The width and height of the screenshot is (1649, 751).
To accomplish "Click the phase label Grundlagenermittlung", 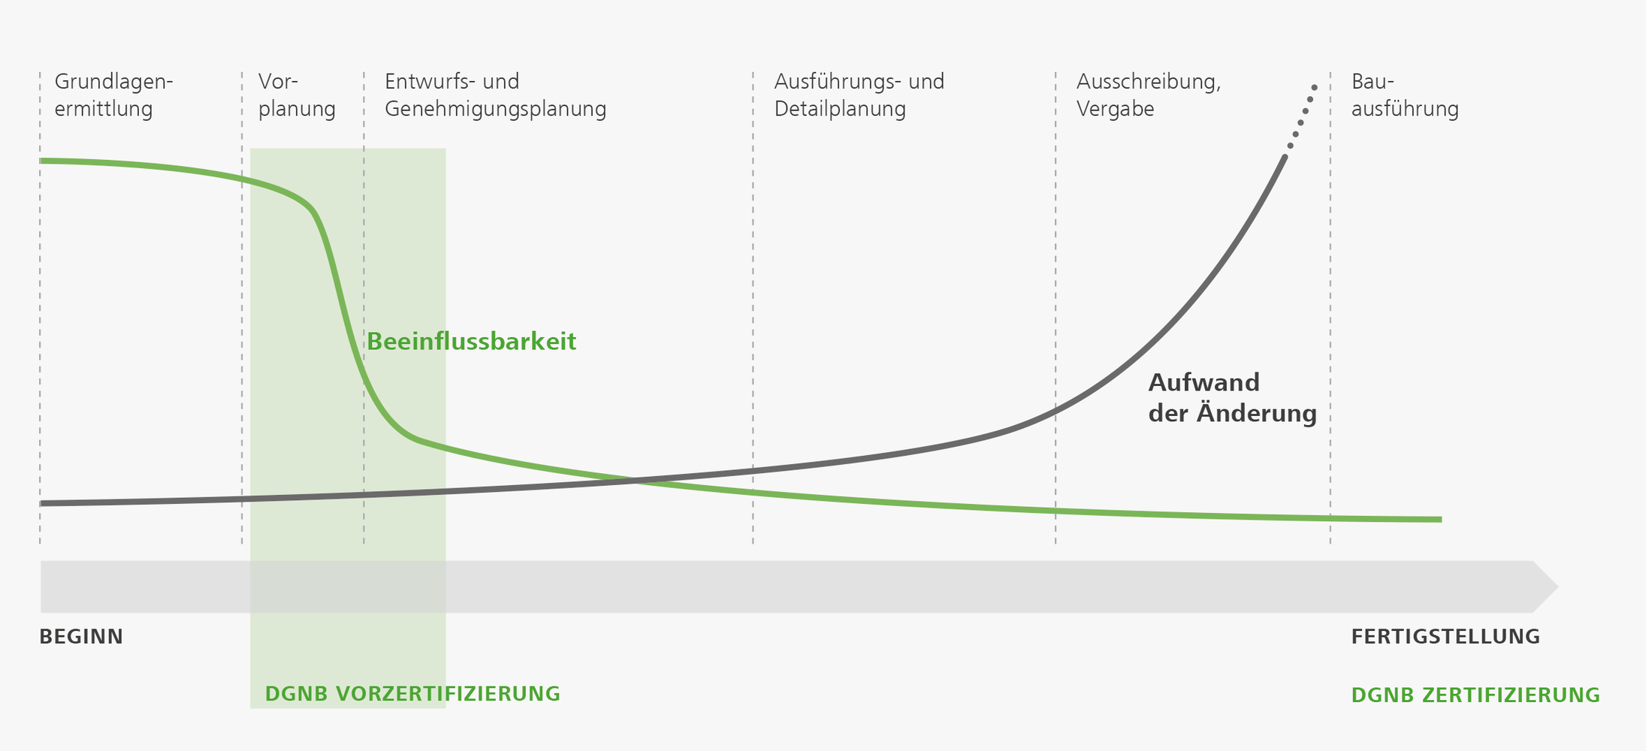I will click(x=113, y=95).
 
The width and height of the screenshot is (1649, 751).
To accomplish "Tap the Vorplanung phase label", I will click(x=296, y=95).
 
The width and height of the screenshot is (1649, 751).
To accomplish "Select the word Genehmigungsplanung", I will click(x=495, y=109).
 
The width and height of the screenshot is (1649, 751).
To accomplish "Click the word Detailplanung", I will click(x=840, y=109).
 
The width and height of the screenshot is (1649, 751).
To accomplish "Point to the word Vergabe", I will click(x=1115, y=109).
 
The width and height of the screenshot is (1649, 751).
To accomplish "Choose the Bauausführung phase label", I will click(x=1404, y=95).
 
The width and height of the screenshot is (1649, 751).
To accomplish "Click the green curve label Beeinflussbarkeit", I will click(x=471, y=342).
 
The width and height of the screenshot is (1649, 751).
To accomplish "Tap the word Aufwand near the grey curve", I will click(x=1204, y=383).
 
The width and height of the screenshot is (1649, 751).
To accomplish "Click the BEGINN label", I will click(x=81, y=637).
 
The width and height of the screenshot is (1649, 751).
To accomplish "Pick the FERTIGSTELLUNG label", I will click(x=1445, y=637).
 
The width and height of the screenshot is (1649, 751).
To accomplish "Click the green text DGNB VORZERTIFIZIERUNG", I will click(x=412, y=694).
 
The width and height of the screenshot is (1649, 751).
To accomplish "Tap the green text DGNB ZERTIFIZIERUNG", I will click(x=1475, y=695).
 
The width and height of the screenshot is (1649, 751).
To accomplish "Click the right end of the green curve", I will click(x=1439, y=520).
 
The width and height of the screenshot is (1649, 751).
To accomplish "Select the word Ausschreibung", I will click(x=1148, y=81).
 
